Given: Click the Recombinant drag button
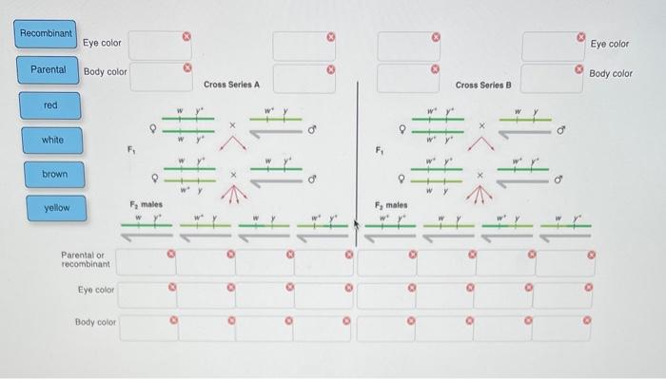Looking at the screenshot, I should (47, 34).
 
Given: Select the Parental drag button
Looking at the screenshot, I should (48, 69).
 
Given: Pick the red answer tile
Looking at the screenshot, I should (50, 105).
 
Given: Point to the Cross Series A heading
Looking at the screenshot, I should (231, 85).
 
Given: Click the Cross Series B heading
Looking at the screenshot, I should (483, 85).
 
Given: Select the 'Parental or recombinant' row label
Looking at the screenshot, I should (86, 258).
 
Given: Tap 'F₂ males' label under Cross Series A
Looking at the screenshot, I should (147, 204).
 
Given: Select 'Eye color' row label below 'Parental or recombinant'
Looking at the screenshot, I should (95, 290).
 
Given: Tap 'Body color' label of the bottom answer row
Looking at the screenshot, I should (94, 322).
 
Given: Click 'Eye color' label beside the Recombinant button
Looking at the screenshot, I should (102, 43).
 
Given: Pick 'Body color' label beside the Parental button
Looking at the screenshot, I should (105, 71).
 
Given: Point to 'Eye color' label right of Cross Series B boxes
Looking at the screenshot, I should (610, 44).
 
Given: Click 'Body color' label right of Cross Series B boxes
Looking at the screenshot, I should (611, 73).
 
